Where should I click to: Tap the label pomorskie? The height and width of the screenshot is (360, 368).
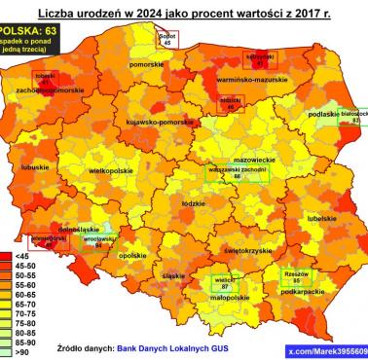click(147, 64)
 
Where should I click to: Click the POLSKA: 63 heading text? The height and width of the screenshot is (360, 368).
click(30, 32)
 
